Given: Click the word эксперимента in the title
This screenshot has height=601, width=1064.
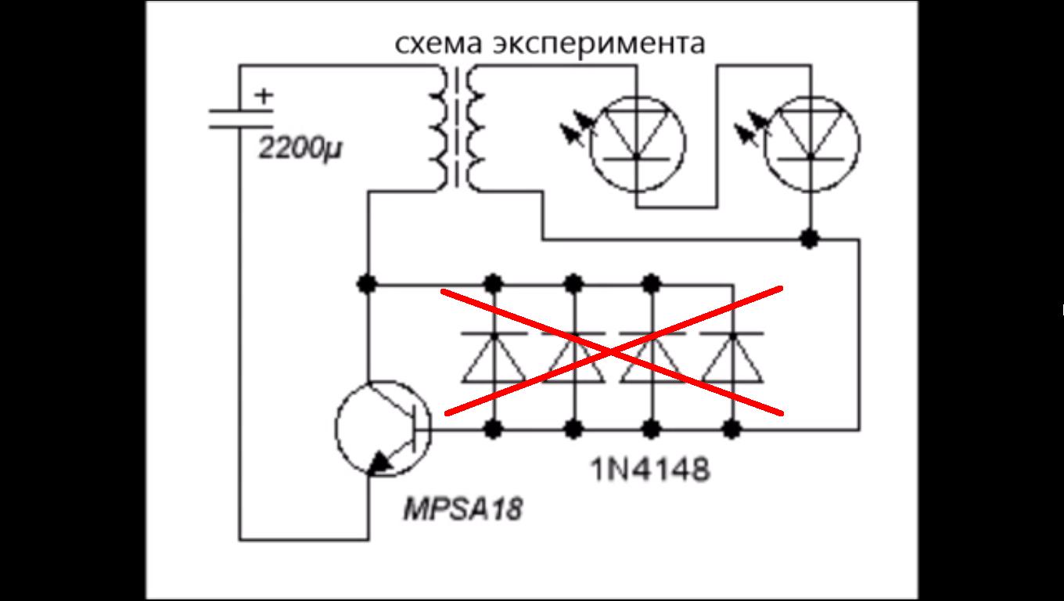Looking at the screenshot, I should (x=598, y=45).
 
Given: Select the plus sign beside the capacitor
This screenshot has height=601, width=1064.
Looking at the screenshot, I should (x=265, y=96).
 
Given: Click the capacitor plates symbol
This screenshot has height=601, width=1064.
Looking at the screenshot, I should (x=240, y=119).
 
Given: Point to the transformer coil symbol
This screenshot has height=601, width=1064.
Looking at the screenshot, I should (x=457, y=128).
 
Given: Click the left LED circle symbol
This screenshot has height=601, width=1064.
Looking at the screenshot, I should (x=637, y=144).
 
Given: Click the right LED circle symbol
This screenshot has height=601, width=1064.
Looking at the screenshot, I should (x=811, y=144).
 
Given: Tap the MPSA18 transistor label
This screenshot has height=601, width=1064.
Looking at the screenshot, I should (x=462, y=509).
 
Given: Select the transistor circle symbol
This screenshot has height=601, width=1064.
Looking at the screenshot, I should (x=383, y=428).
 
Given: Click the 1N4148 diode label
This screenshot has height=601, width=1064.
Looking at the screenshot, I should (x=650, y=470).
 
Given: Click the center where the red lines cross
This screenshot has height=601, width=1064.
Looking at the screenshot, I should (x=613, y=351).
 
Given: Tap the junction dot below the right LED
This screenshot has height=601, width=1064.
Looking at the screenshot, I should (x=811, y=239).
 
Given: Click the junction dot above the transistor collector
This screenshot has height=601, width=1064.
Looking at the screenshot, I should (x=367, y=283).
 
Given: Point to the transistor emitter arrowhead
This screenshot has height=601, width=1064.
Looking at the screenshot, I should (x=381, y=463).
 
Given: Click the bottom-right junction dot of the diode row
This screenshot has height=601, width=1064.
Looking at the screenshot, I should (x=732, y=429).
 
